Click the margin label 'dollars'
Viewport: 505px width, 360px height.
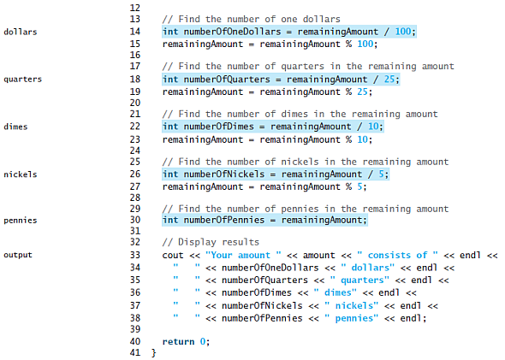[21, 32]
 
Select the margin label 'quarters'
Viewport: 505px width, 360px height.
[22, 80]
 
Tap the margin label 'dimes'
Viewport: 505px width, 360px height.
[15, 127]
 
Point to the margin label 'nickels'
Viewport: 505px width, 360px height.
[21, 174]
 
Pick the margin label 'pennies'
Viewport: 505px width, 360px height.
[21, 221]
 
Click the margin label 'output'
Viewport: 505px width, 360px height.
[18, 255]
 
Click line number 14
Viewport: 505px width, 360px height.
[135, 32]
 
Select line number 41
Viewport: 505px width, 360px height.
[135, 352]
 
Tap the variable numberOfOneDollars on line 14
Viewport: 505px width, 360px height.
[232, 32]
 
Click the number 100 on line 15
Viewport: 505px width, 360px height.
[365, 44]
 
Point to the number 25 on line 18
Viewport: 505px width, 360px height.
[389, 80]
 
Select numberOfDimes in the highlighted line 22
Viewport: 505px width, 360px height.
[218, 127]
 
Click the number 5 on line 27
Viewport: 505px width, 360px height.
[359, 186]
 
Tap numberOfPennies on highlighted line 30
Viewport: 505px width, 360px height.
[224, 220]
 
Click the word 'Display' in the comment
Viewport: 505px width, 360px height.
[197, 242]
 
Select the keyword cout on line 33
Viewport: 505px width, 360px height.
[173, 256]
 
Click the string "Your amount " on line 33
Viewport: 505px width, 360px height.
[243, 255]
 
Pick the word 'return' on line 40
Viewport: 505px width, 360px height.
[178, 342]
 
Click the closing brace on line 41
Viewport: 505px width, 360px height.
[153, 353]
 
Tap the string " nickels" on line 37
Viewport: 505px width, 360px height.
[352, 305]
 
